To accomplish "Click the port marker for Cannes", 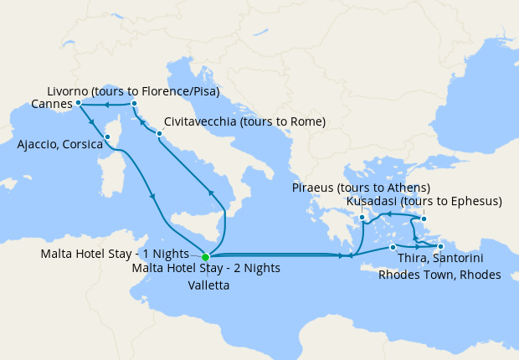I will click(x=78, y=103).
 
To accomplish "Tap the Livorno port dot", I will click(x=134, y=104).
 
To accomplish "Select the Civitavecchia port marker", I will click(x=159, y=133).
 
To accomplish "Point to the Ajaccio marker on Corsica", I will click(x=107, y=136).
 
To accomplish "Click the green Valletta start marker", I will click(x=205, y=256).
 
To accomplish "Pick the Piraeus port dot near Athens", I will click(x=362, y=219).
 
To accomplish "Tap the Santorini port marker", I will click(x=393, y=247).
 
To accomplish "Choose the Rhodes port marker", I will click(x=440, y=246).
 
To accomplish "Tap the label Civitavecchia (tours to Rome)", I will click(x=244, y=121).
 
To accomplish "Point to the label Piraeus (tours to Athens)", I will click(x=362, y=187).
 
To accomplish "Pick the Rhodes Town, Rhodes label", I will click(x=439, y=275).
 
